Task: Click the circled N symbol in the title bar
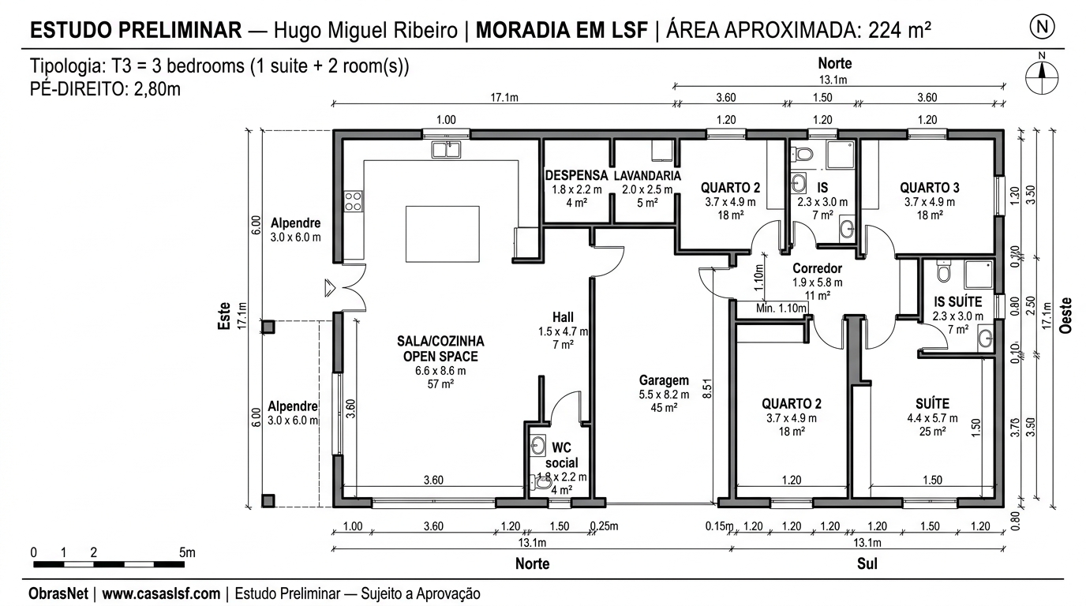(x=1043, y=27)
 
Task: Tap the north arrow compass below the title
(x=1042, y=77)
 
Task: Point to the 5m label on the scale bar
(x=187, y=552)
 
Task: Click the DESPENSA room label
(x=576, y=175)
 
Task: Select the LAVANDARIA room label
(x=646, y=175)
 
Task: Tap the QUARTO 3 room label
(x=929, y=188)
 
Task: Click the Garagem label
(x=664, y=380)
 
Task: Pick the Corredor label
(x=817, y=268)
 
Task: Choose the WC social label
(x=561, y=455)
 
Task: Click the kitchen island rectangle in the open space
(x=442, y=234)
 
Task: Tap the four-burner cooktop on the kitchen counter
(x=353, y=201)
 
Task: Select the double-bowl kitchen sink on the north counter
(x=447, y=149)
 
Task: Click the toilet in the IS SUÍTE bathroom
(x=942, y=272)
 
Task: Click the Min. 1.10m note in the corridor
(x=781, y=308)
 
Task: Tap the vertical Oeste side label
(x=1066, y=316)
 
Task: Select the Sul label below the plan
(x=866, y=564)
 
